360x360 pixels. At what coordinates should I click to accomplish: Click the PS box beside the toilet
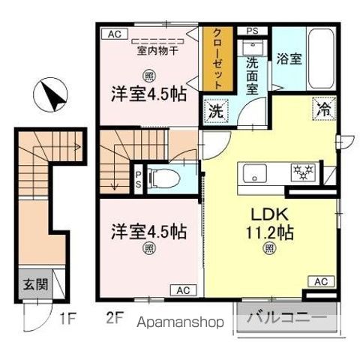[x=139, y=180]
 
